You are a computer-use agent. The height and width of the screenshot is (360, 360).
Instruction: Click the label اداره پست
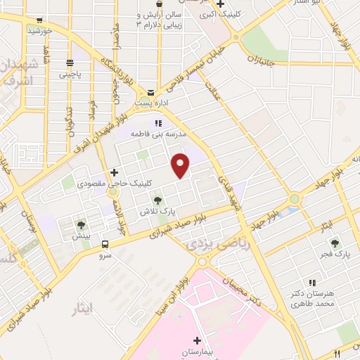pos(150,103)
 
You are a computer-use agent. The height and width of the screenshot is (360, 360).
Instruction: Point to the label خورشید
pos(37,31)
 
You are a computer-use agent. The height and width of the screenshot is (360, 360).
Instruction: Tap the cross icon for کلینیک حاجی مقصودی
pos(114,172)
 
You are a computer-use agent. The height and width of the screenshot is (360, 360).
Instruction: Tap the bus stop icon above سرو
pos(105,245)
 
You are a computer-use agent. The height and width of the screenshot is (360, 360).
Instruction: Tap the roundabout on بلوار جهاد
pos(293,199)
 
